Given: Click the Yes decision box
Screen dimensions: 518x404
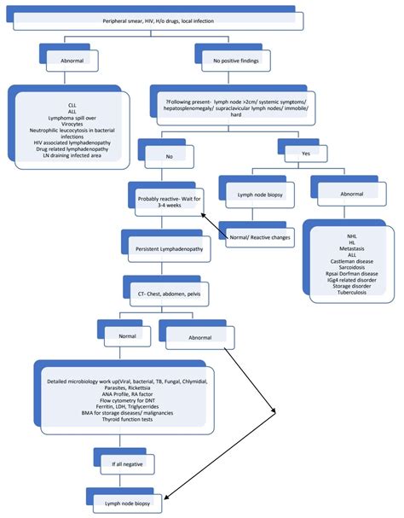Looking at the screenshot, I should click(x=303, y=153).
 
